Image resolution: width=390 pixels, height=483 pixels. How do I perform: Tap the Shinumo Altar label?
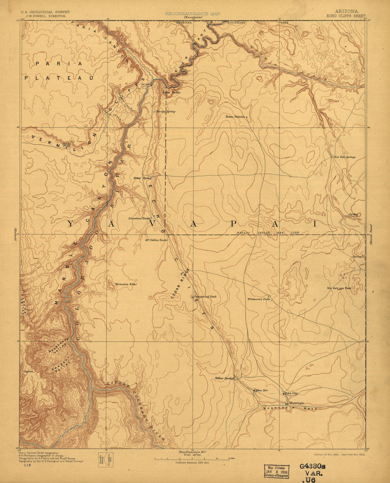(126, 284)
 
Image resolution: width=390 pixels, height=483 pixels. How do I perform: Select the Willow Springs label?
(224, 378)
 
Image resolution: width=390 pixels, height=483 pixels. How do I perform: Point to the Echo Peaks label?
(172, 93)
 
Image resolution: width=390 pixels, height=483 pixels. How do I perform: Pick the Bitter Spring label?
(143, 178)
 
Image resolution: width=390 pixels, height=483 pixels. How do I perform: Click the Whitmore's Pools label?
(258, 299)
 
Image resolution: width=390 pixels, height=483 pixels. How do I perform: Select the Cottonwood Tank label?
(205, 297)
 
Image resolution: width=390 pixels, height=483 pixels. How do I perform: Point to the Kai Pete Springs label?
(345, 157)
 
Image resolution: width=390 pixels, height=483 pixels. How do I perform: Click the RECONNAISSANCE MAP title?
(193, 13)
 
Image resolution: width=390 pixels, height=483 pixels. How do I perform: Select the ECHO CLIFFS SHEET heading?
(346, 16)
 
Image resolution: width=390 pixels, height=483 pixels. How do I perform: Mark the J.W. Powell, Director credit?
(45, 16)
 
